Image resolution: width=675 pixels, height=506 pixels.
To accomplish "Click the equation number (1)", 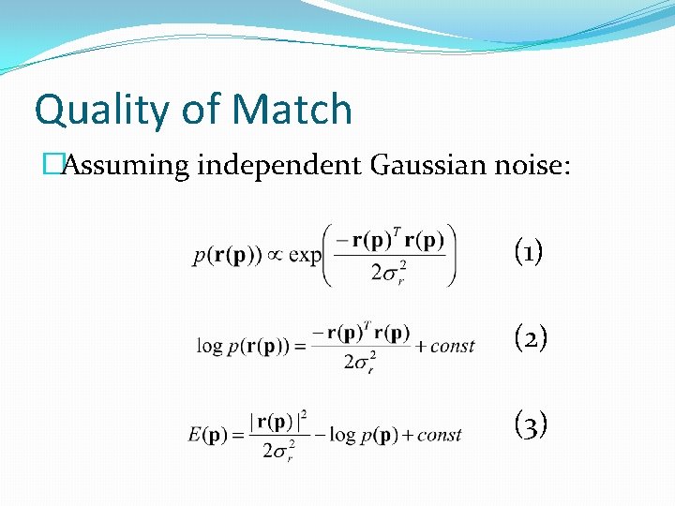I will (530, 251).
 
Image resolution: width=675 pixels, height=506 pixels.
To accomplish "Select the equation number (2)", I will (530, 338).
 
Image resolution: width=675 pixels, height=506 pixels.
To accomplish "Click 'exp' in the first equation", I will (305, 256).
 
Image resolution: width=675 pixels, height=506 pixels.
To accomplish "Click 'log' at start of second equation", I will (209, 346).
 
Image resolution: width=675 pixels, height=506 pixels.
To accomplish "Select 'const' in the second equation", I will (453, 346).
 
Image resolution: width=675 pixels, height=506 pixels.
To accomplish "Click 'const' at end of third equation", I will (440, 435).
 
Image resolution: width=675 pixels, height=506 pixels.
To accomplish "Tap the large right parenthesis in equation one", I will (451, 253).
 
